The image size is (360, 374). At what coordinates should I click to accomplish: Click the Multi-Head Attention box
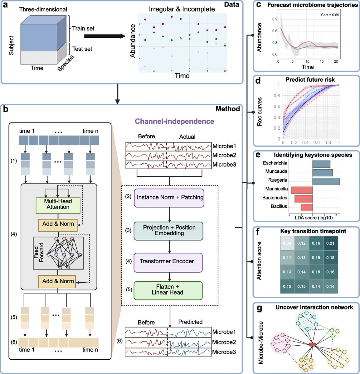click(58, 204)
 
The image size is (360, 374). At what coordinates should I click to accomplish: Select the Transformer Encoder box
click(168, 261)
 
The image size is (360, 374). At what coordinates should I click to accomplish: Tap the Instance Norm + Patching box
click(169, 197)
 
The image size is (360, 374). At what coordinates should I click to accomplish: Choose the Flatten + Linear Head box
click(168, 290)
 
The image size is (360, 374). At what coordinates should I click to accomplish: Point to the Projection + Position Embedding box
click(169, 230)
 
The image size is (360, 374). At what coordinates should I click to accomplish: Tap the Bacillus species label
click(279, 206)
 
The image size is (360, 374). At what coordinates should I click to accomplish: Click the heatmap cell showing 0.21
click(330, 243)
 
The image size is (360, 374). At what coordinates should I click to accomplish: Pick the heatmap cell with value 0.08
click(287, 243)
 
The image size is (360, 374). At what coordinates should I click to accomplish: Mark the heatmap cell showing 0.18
click(330, 257)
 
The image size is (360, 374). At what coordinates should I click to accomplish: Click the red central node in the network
click(313, 344)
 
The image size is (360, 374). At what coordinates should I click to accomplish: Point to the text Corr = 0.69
click(330, 15)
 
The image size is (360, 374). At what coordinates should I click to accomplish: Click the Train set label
click(83, 28)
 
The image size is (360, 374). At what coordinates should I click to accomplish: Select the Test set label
click(82, 49)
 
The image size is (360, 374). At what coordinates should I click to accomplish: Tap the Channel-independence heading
click(174, 121)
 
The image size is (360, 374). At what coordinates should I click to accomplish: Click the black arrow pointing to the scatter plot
click(105, 36)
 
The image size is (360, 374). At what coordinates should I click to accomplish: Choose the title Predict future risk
click(310, 79)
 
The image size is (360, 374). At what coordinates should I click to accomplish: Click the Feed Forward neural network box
click(58, 253)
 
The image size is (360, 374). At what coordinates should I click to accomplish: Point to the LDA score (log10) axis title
click(314, 218)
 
